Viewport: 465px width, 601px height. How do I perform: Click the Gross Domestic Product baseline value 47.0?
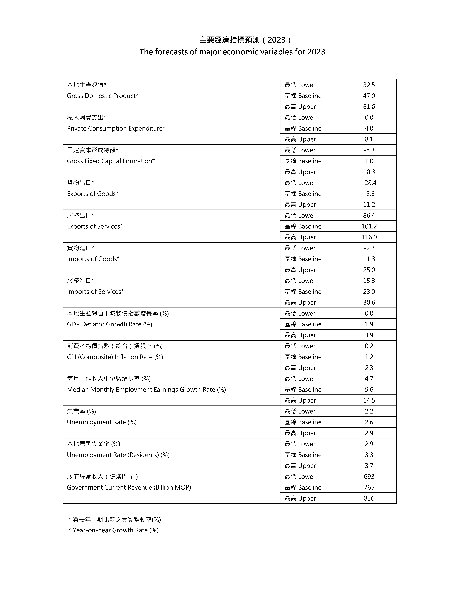click(x=369, y=96)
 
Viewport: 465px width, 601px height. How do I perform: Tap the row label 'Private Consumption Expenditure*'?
click(x=116, y=128)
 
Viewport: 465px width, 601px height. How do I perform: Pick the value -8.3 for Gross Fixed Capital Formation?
click(x=369, y=150)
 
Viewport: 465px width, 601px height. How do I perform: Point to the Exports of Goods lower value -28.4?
click(x=369, y=183)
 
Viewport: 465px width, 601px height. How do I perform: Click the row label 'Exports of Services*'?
click(x=95, y=226)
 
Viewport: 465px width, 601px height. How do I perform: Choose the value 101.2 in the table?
click(x=369, y=226)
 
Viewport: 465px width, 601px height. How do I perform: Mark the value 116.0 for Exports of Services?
click(x=369, y=237)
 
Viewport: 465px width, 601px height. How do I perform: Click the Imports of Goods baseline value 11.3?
click(x=369, y=259)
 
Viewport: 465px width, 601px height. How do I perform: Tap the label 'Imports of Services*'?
click(x=95, y=292)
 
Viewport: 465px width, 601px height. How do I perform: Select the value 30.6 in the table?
click(x=369, y=302)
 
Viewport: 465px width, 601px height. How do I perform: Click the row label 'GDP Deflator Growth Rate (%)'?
click(x=109, y=324)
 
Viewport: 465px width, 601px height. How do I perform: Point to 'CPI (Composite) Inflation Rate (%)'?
click(x=115, y=357)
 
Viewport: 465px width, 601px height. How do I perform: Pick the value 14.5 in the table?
click(x=369, y=400)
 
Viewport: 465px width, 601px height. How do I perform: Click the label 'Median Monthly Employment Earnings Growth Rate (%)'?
click(x=146, y=390)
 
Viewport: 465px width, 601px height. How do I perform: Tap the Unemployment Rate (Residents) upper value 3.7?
click(x=369, y=466)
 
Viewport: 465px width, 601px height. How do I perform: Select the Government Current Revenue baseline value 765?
click(x=369, y=487)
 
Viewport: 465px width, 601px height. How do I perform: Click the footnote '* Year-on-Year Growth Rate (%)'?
click(x=113, y=530)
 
